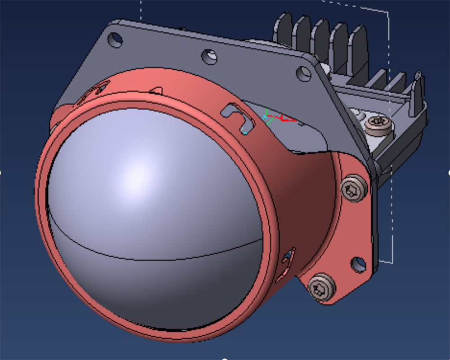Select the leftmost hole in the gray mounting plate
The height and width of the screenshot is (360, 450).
[x=115, y=40]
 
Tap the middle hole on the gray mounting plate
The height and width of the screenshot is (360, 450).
[x=209, y=57]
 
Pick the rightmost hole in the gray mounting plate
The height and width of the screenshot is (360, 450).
[x=304, y=73]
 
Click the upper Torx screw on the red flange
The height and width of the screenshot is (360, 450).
[x=351, y=189]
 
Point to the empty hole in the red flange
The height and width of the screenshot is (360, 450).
[x=358, y=265]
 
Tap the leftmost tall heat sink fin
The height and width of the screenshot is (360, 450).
[x=282, y=31]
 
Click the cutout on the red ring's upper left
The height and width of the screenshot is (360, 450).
[x=97, y=89]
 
